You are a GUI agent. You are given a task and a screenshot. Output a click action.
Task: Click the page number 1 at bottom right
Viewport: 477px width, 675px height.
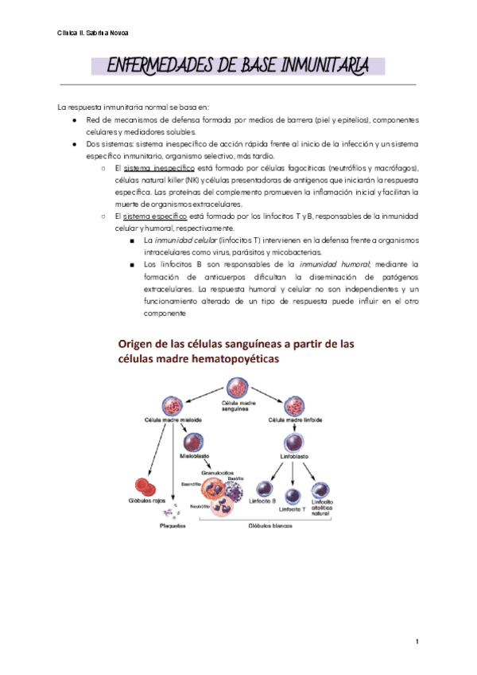[416, 640]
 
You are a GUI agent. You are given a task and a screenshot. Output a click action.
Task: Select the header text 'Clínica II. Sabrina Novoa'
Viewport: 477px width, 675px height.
[92, 33]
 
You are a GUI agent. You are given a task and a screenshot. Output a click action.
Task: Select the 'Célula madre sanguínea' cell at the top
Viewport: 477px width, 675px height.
[238, 388]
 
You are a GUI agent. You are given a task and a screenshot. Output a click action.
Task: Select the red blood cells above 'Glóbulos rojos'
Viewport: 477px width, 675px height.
[146, 486]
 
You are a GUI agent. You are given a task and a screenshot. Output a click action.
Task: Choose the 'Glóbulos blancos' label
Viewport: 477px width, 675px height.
[271, 526]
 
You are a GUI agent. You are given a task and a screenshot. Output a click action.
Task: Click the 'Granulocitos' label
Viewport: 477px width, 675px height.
[215, 472]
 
